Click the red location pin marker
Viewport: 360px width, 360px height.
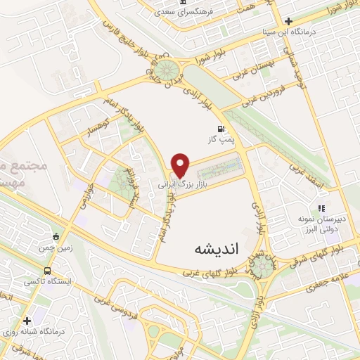coord(181,165)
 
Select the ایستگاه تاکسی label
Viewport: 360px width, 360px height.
coord(44,281)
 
